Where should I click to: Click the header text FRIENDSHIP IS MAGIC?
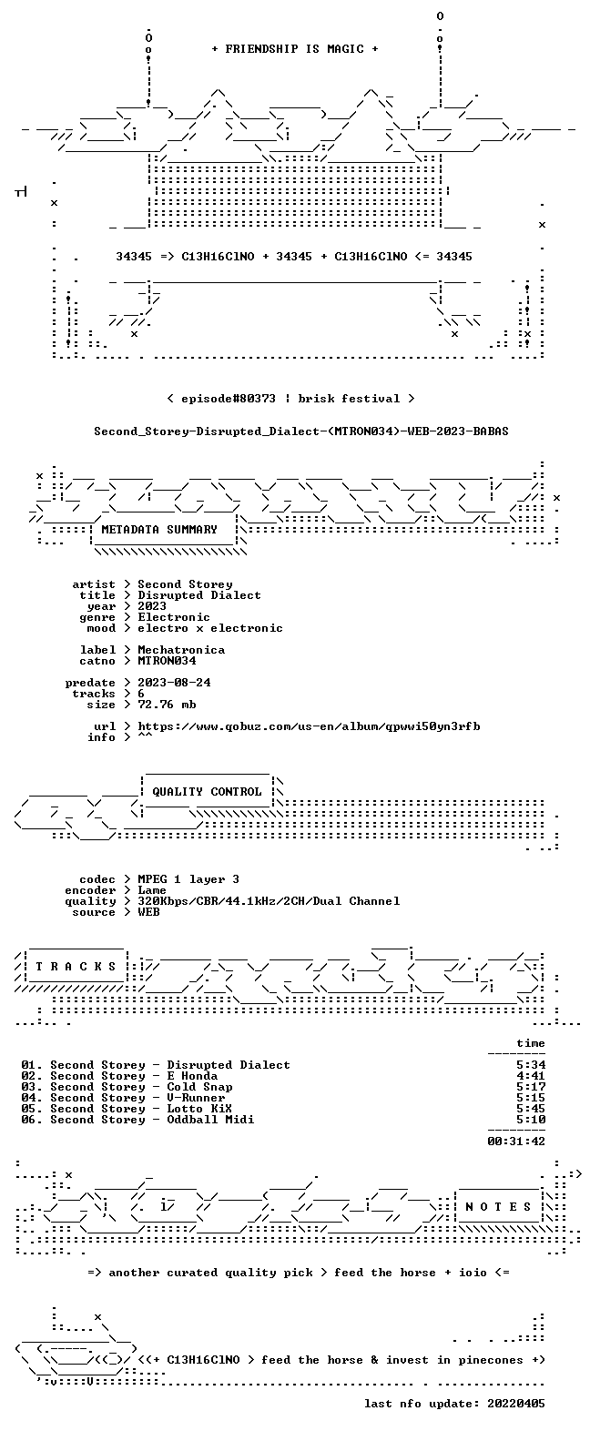(295, 49)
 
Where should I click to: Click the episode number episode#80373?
(229, 399)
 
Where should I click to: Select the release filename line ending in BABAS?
(301, 431)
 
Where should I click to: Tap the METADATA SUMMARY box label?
(159, 530)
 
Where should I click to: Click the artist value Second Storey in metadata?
(185, 584)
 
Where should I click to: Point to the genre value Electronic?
(174, 617)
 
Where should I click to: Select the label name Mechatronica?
(181, 650)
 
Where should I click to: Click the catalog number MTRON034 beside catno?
(167, 661)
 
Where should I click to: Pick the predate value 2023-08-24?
(174, 683)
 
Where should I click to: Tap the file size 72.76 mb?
(167, 705)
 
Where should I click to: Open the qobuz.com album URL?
(309, 726)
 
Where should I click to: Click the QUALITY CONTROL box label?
(207, 792)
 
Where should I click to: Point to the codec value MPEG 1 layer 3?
(188, 879)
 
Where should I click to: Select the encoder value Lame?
(152, 890)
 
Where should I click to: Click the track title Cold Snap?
(200, 1087)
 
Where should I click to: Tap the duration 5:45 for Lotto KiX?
(531, 1109)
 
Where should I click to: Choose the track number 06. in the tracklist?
(32, 1120)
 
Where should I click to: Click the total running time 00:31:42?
(516, 1141)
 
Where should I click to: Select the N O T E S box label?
(498, 1207)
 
